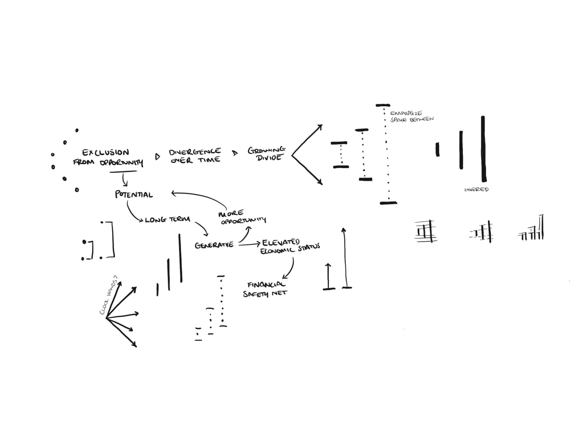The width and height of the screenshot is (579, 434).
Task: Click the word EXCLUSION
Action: point(106,152)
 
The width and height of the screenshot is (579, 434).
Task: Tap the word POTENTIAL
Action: point(134,195)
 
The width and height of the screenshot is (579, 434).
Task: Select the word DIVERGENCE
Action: point(195,152)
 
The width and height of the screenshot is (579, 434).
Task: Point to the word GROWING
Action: point(266,150)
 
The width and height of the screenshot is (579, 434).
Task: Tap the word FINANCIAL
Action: point(266,285)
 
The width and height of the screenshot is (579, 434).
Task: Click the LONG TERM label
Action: point(167,220)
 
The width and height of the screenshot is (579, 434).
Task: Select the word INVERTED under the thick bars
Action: point(476,189)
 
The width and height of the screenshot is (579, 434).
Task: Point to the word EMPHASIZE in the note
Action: point(406,113)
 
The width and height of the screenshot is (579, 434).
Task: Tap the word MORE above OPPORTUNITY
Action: point(231,213)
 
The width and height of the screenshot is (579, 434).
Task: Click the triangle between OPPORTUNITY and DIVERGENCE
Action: point(157,157)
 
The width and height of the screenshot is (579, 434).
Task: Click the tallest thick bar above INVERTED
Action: point(483,149)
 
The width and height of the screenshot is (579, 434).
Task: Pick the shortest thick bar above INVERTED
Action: point(437,150)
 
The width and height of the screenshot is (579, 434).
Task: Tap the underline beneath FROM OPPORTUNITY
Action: point(123,172)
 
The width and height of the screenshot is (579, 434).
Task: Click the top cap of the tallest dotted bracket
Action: point(383,105)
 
